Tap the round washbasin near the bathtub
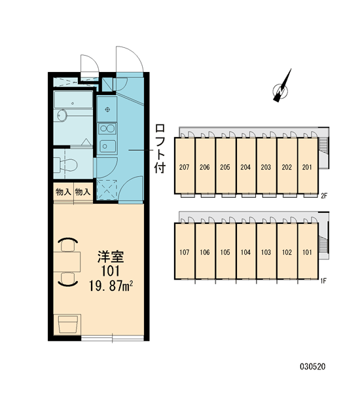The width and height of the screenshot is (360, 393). pyautogui.click(x=62, y=115)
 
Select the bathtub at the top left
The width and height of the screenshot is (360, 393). pyautogui.click(x=73, y=100)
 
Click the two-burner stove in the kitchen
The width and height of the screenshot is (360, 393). pyautogui.click(x=107, y=129)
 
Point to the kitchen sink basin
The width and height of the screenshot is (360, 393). pyautogui.click(x=107, y=146)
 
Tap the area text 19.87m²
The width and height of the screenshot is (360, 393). pyautogui.click(x=111, y=286)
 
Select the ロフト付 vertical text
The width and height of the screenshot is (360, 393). pyautogui.click(x=160, y=149)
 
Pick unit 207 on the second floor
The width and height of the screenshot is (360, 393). pyautogui.click(x=185, y=166)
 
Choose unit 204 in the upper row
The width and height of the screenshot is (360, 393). pyautogui.click(x=245, y=166)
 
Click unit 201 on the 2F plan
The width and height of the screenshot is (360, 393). pyautogui.click(x=308, y=166)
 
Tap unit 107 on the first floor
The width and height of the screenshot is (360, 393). pyautogui.click(x=185, y=252)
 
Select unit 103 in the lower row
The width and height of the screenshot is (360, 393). pyautogui.click(x=266, y=252)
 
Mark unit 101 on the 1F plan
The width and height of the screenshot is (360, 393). pyautogui.click(x=308, y=252)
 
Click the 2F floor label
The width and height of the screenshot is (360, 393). pyautogui.click(x=324, y=196)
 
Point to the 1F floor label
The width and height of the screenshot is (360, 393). pyautogui.click(x=323, y=281)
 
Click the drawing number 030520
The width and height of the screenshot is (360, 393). pyautogui.click(x=313, y=367)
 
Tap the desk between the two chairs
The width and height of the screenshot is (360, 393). pyautogui.click(x=67, y=261)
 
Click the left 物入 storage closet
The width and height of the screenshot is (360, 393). pyautogui.click(x=63, y=192)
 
